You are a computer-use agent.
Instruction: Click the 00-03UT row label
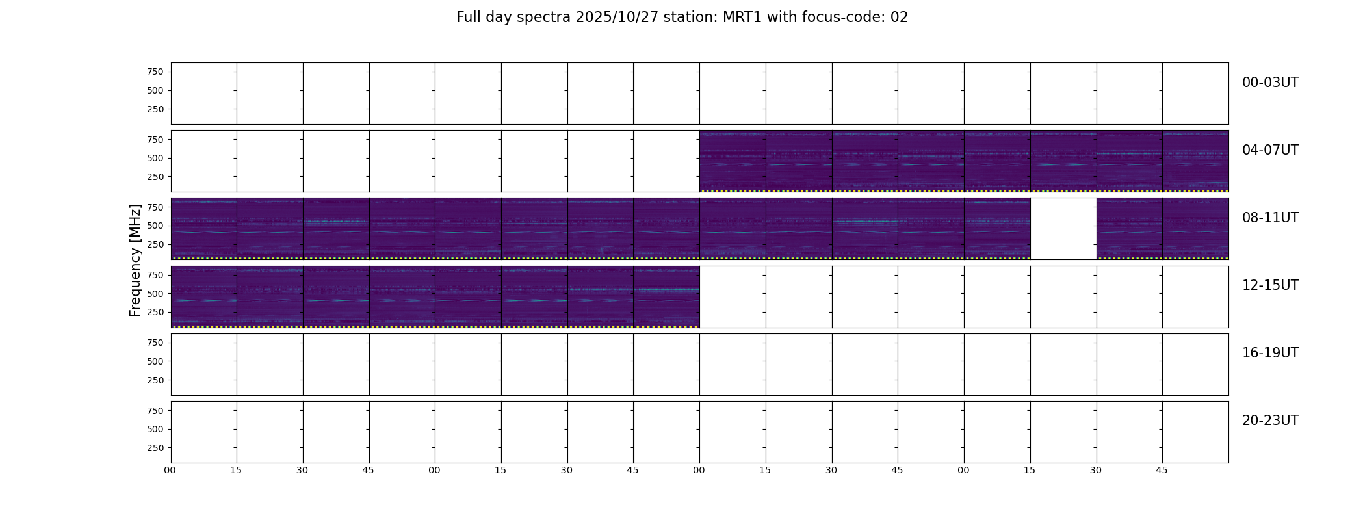tap(1270, 83)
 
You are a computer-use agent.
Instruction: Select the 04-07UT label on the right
tap(1270, 150)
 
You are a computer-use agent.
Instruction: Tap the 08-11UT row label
tap(1270, 218)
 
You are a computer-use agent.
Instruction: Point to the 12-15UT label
tap(1270, 285)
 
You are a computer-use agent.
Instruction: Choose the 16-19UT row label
tap(1270, 353)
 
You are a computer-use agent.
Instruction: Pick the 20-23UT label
tap(1270, 421)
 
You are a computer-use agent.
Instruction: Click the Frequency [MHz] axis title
tap(135, 261)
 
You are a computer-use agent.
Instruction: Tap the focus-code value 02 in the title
tap(899, 18)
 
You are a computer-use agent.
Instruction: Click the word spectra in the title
tap(544, 18)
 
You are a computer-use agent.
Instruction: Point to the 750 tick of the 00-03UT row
tap(155, 71)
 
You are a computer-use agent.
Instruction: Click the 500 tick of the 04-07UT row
tap(155, 158)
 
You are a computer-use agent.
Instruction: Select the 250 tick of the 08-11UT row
tap(155, 244)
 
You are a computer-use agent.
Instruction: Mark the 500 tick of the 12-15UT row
tap(155, 294)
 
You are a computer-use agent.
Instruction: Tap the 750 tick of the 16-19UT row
tap(155, 343)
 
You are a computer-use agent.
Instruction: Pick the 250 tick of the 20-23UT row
tap(155, 448)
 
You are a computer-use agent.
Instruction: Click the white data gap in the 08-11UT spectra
tap(1063, 229)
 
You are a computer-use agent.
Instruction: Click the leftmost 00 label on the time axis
tap(170, 470)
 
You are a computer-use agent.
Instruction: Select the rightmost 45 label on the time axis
tap(1162, 470)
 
